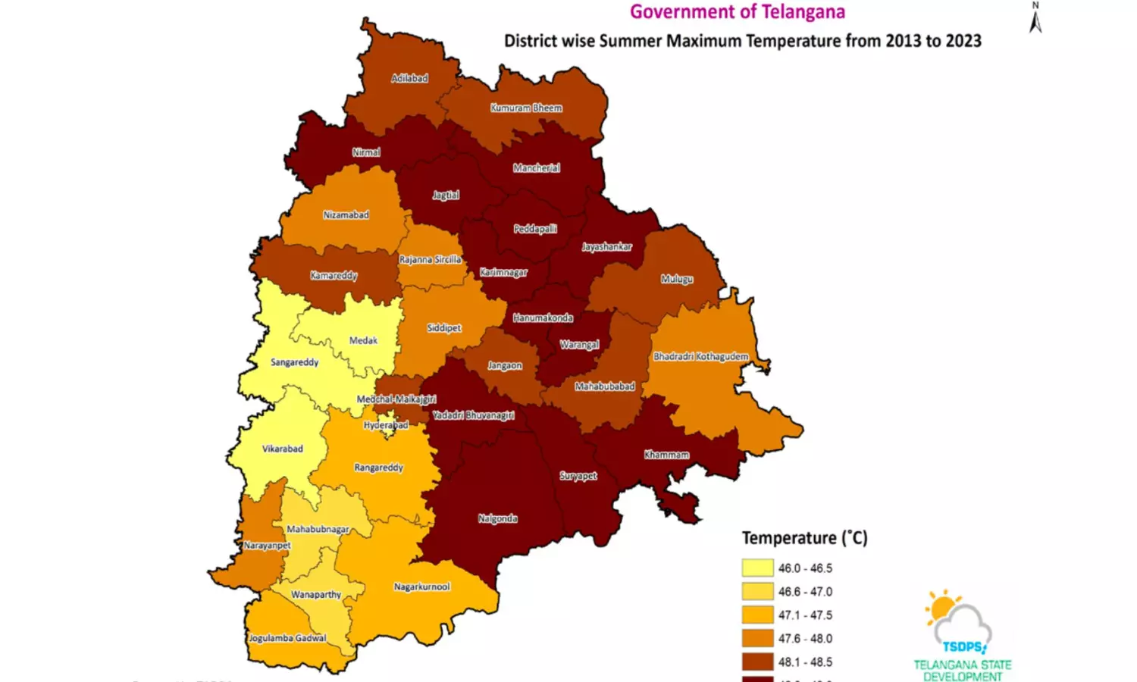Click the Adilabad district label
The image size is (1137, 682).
point(409,78)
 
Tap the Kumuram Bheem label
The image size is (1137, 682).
point(526,108)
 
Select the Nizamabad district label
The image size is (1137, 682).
point(346,215)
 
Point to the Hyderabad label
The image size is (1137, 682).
point(386,425)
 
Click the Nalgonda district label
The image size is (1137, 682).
point(497,518)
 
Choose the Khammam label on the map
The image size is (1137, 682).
point(666,455)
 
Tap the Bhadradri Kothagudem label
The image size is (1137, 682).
point(700,356)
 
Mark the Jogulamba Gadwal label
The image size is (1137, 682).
point(287,638)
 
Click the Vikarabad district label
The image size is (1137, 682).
point(282,449)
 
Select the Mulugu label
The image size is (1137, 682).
point(676,279)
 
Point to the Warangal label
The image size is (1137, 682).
point(579,345)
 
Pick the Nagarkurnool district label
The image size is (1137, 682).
point(421,587)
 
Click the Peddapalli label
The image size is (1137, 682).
point(535,229)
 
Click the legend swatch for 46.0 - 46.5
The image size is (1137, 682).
point(757,568)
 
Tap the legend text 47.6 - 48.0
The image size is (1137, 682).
point(805,639)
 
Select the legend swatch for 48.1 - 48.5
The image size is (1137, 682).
point(757,662)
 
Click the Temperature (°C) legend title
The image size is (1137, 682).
point(804,538)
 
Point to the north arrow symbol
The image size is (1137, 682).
point(1035,18)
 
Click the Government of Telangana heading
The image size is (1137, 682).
point(738,12)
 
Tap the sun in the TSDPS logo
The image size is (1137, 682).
point(942,608)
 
